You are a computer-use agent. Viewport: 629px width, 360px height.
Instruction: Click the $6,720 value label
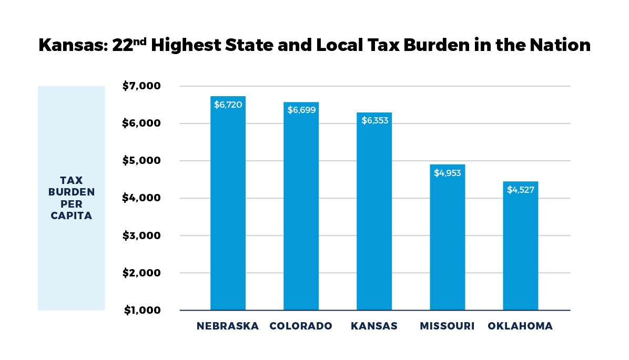[x=228, y=105]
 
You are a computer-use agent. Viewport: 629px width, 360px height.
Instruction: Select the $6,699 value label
[x=301, y=110]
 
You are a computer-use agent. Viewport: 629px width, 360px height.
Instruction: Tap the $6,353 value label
[x=374, y=120]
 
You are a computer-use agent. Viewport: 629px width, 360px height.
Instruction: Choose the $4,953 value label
[x=447, y=172]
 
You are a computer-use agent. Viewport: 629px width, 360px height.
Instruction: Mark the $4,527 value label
[x=520, y=190]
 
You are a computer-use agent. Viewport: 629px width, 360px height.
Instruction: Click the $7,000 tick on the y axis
[x=141, y=86]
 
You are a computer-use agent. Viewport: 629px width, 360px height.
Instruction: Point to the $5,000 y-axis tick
[x=141, y=161]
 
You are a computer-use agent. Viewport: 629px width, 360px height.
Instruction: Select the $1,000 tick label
[x=141, y=311]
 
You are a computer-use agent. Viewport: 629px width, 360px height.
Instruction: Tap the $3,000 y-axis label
[x=141, y=236]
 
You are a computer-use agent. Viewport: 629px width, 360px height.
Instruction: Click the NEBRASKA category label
[x=228, y=326]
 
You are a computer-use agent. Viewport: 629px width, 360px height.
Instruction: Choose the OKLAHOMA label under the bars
[x=520, y=326]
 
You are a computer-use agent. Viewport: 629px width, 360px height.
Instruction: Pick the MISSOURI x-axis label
[x=447, y=326]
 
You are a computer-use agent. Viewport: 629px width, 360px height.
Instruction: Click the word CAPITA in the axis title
[x=72, y=215]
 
